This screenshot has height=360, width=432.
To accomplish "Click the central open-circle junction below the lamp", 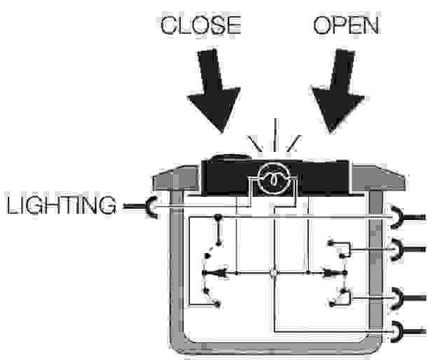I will point(274,271).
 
